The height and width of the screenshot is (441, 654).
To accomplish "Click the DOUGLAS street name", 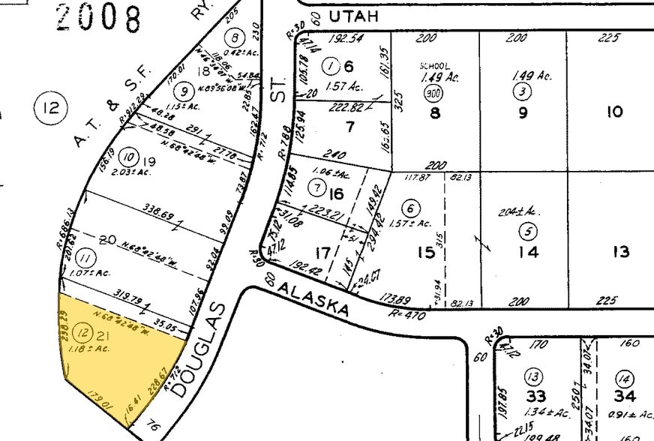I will click(x=198, y=349).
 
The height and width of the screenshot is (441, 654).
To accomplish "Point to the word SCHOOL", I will click(x=434, y=66).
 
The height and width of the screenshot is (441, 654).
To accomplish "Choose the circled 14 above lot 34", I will click(x=624, y=376).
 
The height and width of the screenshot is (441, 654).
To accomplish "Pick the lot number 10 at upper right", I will click(x=614, y=112).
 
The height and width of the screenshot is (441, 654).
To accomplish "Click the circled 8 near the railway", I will click(x=237, y=37).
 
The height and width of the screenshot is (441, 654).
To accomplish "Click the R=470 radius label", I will click(x=408, y=316).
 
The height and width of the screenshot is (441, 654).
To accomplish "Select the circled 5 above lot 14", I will click(x=529, y=232).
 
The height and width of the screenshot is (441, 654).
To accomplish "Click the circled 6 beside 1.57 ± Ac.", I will click(x=410, y=208).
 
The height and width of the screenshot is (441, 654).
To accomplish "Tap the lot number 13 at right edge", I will click(x=620, y=252).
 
